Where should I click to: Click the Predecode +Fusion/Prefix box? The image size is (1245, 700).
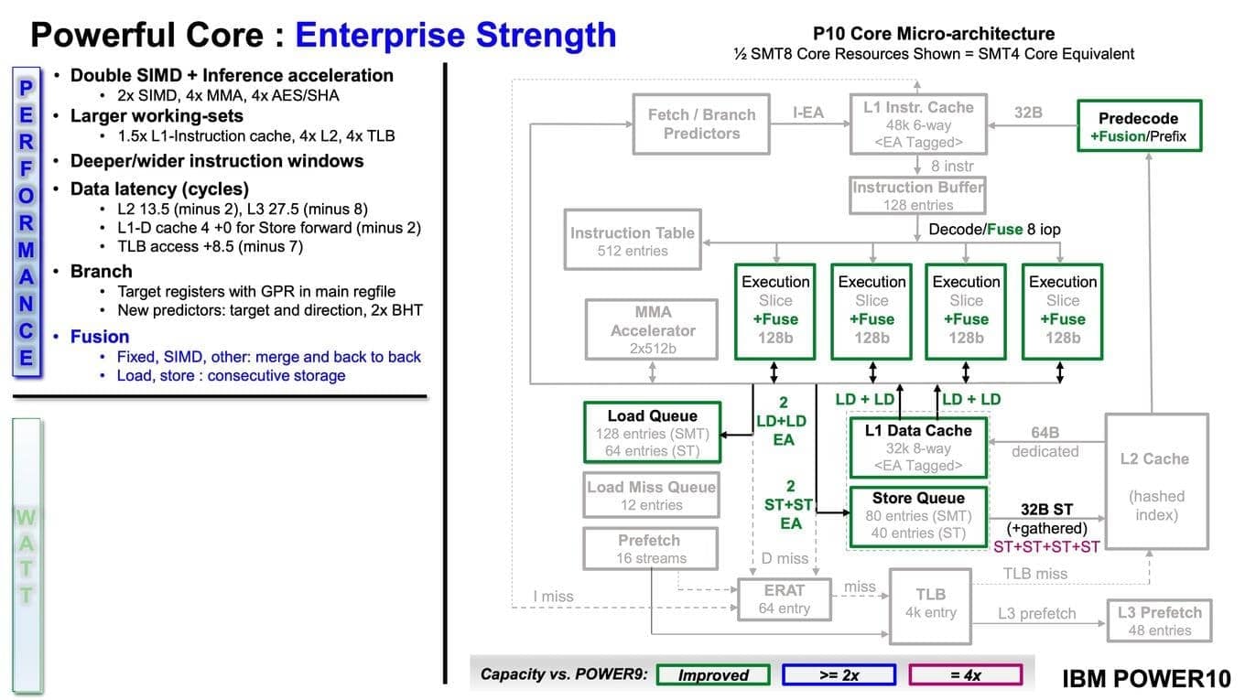click(1138, 127)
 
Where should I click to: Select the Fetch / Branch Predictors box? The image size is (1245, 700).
click(701, 124)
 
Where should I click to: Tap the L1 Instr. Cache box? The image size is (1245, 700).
click(918, 124)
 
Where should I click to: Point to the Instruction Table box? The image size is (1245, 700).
click(632, 242)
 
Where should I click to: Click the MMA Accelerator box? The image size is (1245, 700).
click(653, 329)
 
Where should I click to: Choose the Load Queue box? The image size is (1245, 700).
click(652, 433)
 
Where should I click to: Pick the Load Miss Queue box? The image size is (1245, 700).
click(651, 495)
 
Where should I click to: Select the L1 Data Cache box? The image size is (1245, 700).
click(918, 447)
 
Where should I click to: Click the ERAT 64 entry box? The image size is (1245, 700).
click(784, 598)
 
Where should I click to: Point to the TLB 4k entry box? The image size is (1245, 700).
click(930, 604)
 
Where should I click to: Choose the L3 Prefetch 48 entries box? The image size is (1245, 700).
click(1159, 620)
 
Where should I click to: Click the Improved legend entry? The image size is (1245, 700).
click(713, 675)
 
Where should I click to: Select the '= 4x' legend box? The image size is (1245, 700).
click(965, 675)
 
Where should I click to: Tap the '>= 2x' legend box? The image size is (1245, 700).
click(839, 675)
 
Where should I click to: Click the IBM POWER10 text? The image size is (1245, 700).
click(1146, 679)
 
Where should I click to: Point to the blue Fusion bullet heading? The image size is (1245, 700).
click(100, 336)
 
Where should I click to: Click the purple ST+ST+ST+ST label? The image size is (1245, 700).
click(1046, 545)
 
